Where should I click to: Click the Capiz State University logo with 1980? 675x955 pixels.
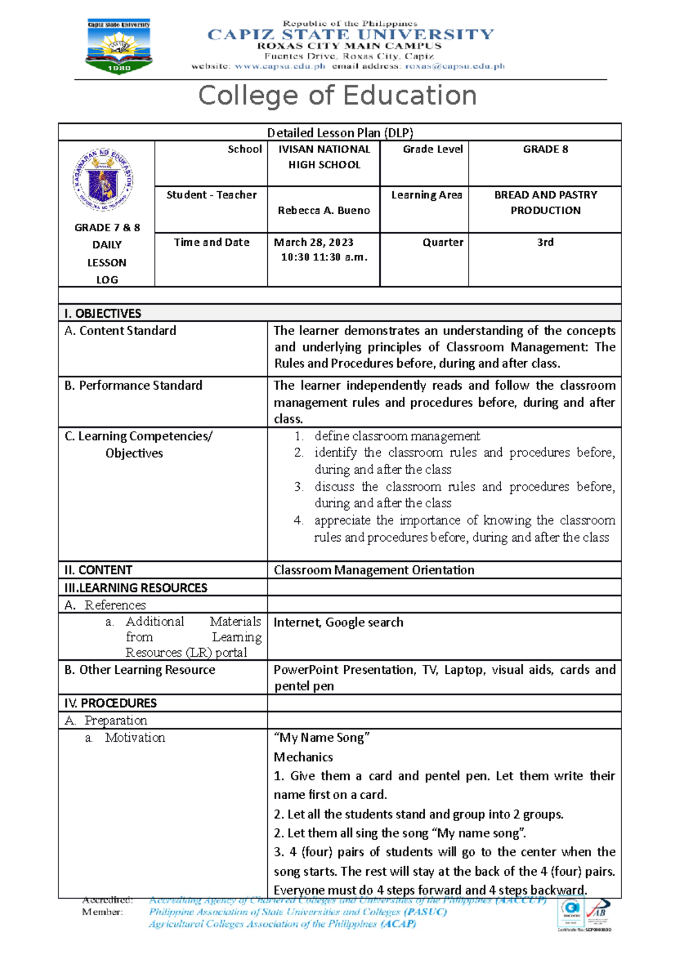pyautogui.click(x=119, y=47)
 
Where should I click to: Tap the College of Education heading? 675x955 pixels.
pyautogui.click(x=337, y=96)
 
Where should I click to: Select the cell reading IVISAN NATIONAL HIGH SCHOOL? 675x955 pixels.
pyautogui.click(x=324, y=157)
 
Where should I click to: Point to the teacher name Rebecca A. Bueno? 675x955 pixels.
pyautogui.click(x=324, y=210)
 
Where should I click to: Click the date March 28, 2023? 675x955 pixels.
pyautogui.click(x=314, y=242)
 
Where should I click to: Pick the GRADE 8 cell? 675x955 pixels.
pyautogui.click(x=545, y=150)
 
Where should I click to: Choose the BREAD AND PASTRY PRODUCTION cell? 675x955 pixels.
pyautogui.click(x=545, y=202)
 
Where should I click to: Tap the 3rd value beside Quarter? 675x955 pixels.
pyautogui.click(x=545, y=242)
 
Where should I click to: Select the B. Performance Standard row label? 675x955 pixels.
pyautogui.click(x=133, y=386)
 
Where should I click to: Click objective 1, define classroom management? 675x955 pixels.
pyautogui.click(x=397, y=436)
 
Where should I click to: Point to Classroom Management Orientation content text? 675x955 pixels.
pyautogui.click(x=374, y=570)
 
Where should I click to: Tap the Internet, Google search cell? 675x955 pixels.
pyautogui.click(x=339, y=623)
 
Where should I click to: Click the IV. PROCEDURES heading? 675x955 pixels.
pyautogui.click(x=111, y=703)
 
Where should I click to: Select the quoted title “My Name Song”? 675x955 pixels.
pyautogui.click(x=321, y=738)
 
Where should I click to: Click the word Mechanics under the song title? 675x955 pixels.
pyautogui.click(x=303, y=757)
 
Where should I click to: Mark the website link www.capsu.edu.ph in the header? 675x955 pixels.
pyautogui.click(x=280, y=66)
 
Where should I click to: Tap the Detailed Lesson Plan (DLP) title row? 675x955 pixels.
pyautogui.click(x=340, y=133)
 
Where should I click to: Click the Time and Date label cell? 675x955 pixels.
pyautogui.click(x=211, y=242)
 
